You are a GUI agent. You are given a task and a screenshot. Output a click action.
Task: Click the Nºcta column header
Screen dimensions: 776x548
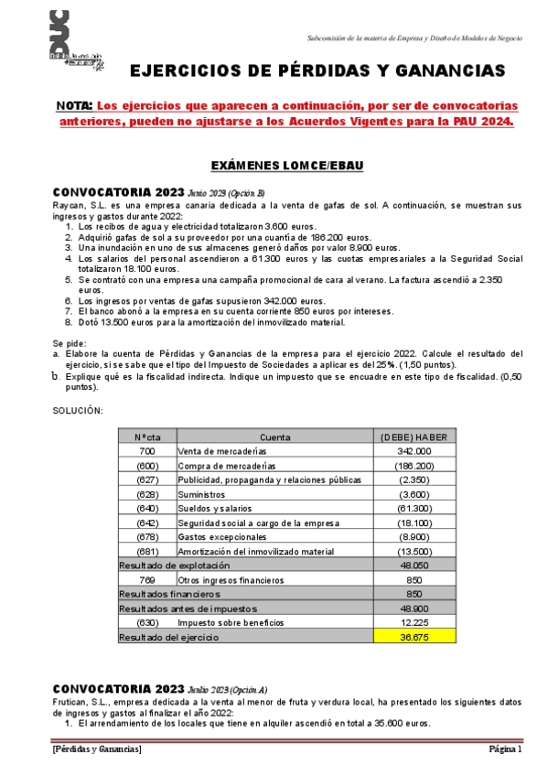[x=147, y=437]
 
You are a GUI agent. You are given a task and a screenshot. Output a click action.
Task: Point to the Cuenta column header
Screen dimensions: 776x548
[x=274, y=437]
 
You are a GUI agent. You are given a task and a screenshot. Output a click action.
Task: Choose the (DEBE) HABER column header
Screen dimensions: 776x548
[x=414, y=437]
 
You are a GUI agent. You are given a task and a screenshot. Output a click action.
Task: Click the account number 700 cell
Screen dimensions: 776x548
[x=147, y=451]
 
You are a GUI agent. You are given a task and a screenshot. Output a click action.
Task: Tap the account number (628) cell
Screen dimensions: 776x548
[x=147, y=494]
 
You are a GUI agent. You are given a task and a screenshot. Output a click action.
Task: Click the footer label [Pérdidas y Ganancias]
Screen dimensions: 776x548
[x=97, y=749]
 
